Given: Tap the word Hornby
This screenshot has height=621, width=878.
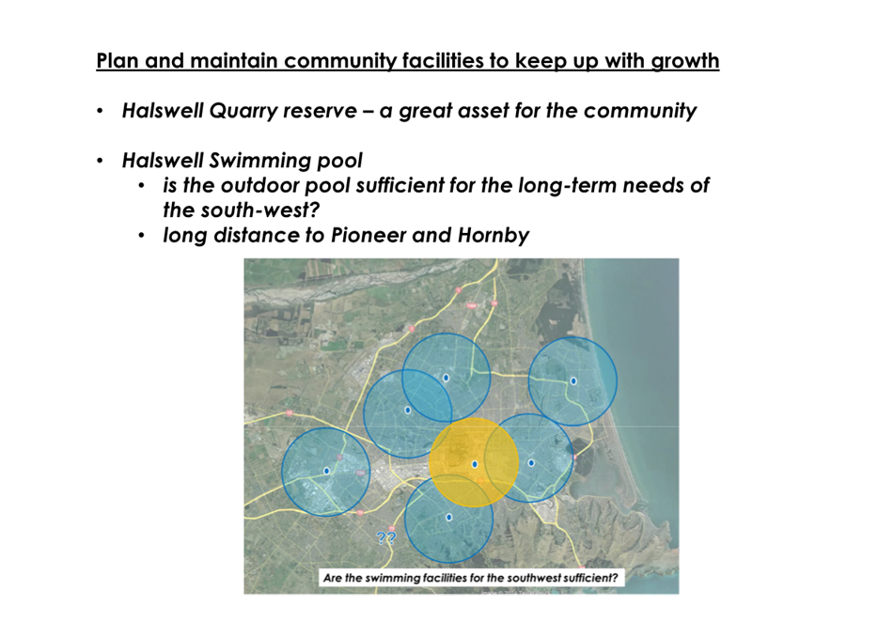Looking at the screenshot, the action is (x=494, y=236).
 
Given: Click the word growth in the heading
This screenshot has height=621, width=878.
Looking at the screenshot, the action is (x=684, y=61).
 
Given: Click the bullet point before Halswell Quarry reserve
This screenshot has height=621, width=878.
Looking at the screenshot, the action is (x=100, y=111).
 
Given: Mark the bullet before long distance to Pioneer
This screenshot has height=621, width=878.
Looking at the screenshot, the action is (x=141, y=236).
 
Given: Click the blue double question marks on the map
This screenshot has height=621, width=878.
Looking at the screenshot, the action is (x=386, y=538).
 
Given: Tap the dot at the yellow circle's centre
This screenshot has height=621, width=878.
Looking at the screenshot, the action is (x=475, y=464).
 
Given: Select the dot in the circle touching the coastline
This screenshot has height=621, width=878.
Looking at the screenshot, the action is (x=573, y=381).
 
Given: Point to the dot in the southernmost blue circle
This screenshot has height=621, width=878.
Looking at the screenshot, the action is (x=448, y=517).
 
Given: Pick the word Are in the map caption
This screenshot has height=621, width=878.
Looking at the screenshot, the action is (x=332, y=578).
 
